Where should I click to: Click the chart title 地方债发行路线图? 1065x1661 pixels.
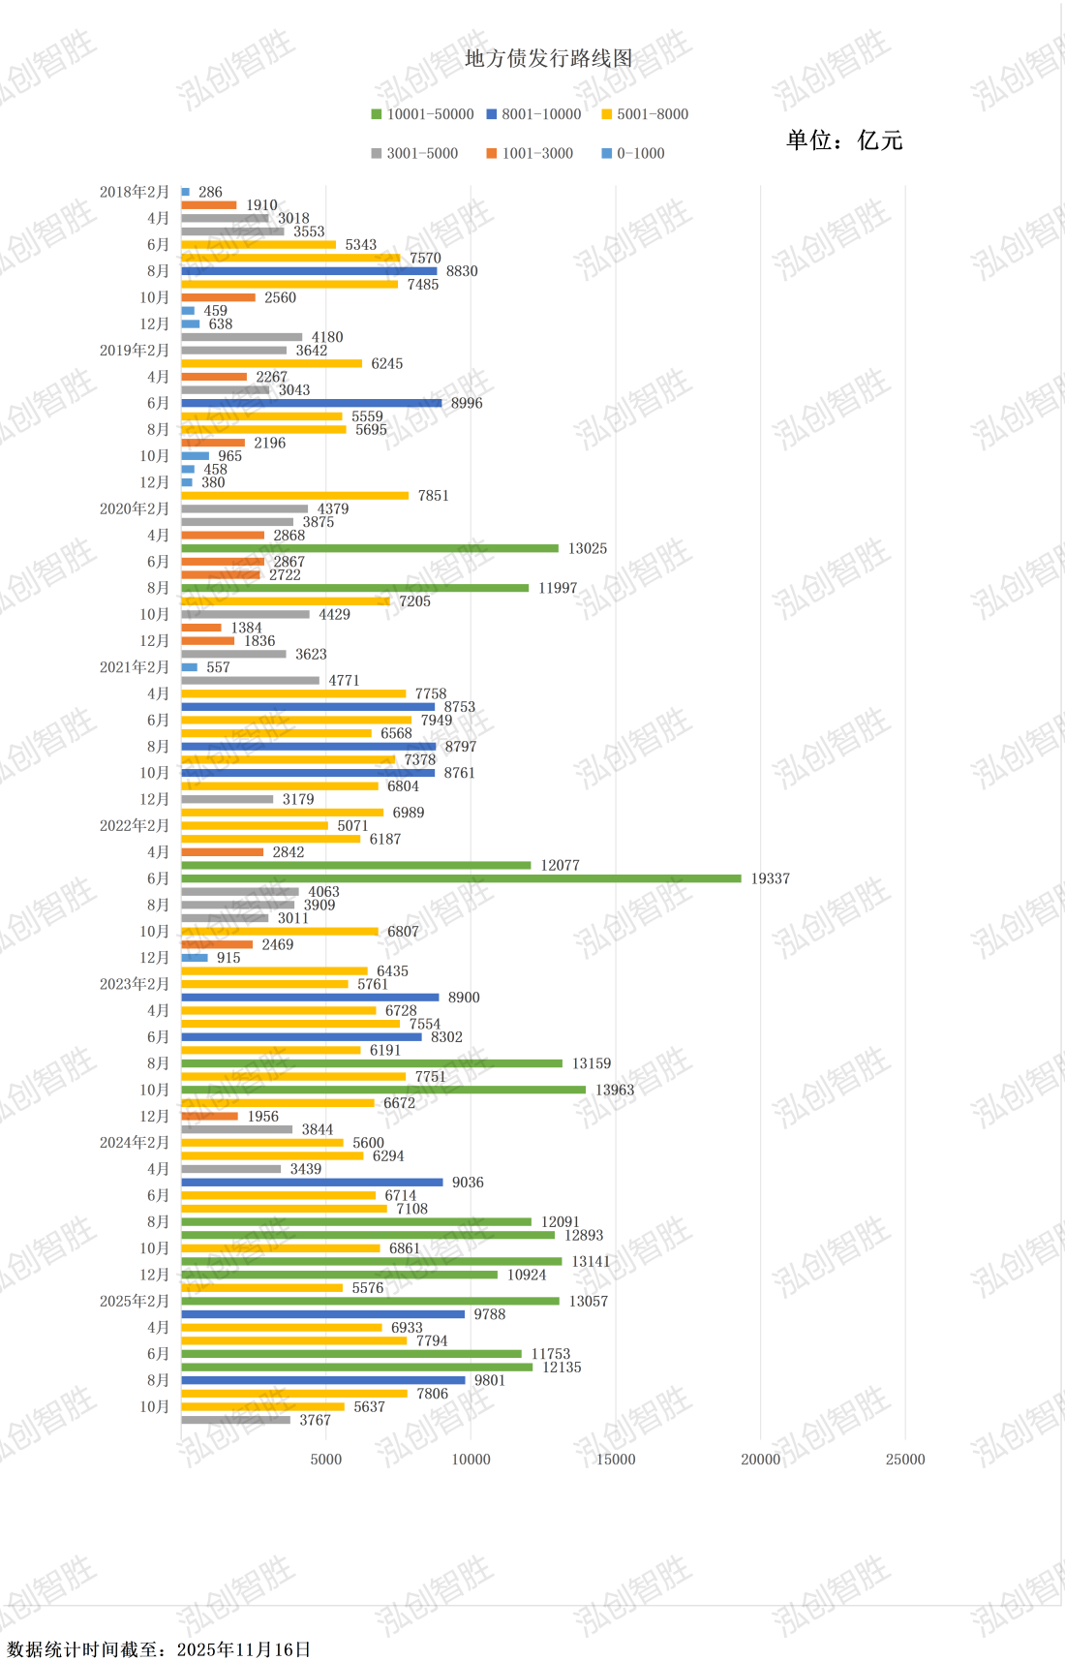pos(549,59)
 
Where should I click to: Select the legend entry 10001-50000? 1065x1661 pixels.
pos(422,114)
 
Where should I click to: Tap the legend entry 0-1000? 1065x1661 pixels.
pos(633,153)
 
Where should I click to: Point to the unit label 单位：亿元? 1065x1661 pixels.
pos(844,140)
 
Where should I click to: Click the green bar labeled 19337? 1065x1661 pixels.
pos(461,878)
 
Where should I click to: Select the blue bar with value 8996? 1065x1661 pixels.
pos(311,403)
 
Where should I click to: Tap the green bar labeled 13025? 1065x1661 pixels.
pos(370,548)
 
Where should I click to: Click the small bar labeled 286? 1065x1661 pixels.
pos(186,192)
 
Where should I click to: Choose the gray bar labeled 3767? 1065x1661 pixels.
pos(235,1420)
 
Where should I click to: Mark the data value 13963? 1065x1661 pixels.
pos(615,1090)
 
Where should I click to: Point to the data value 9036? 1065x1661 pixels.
pos(468,1183)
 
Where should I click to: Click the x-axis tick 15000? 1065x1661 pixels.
pos(616,1460)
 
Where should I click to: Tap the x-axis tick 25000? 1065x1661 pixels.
pos(905,1460)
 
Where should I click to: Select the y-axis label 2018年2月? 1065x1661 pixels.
pos(135,192)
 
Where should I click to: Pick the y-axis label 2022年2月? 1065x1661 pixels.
pos(135,826)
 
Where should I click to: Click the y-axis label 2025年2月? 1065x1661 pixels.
pos(135,1301)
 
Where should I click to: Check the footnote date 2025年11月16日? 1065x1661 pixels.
pos(244,1649)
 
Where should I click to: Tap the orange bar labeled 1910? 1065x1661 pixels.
pos(209,205)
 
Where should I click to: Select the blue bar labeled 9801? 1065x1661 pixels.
pos(322,1380)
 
